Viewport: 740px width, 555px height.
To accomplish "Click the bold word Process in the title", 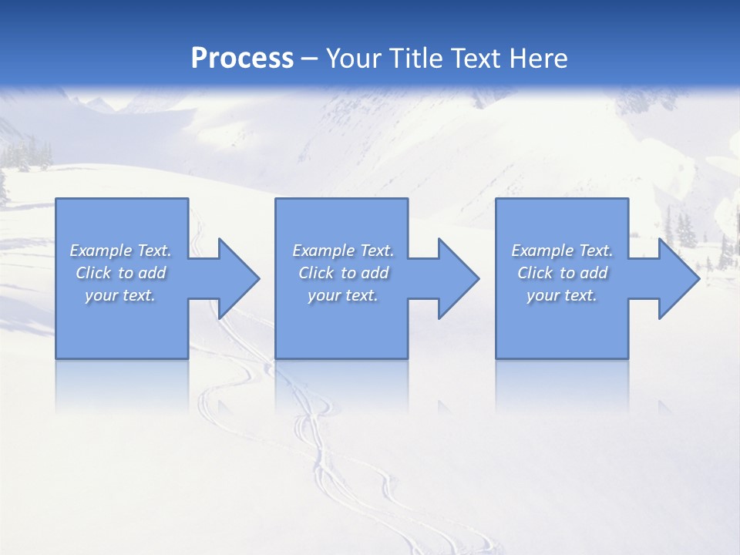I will [242, 59].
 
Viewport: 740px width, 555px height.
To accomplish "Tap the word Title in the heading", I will [416, 59].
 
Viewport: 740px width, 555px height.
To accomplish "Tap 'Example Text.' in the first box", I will [121, 251].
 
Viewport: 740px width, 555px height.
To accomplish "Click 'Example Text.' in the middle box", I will [343, 251].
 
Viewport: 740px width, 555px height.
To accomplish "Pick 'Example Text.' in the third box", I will [562, 251].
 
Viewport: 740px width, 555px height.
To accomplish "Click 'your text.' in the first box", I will [121, 295].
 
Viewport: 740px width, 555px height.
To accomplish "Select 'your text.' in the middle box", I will [343, 295].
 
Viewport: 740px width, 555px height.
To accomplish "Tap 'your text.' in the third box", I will [562, 295].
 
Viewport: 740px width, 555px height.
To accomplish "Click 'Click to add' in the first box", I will [121, 273].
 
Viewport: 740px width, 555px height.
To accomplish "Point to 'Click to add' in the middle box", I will [343, 273].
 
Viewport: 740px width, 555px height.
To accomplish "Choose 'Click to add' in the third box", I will [562, 273].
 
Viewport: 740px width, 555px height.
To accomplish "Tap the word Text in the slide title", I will [473, 59].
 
